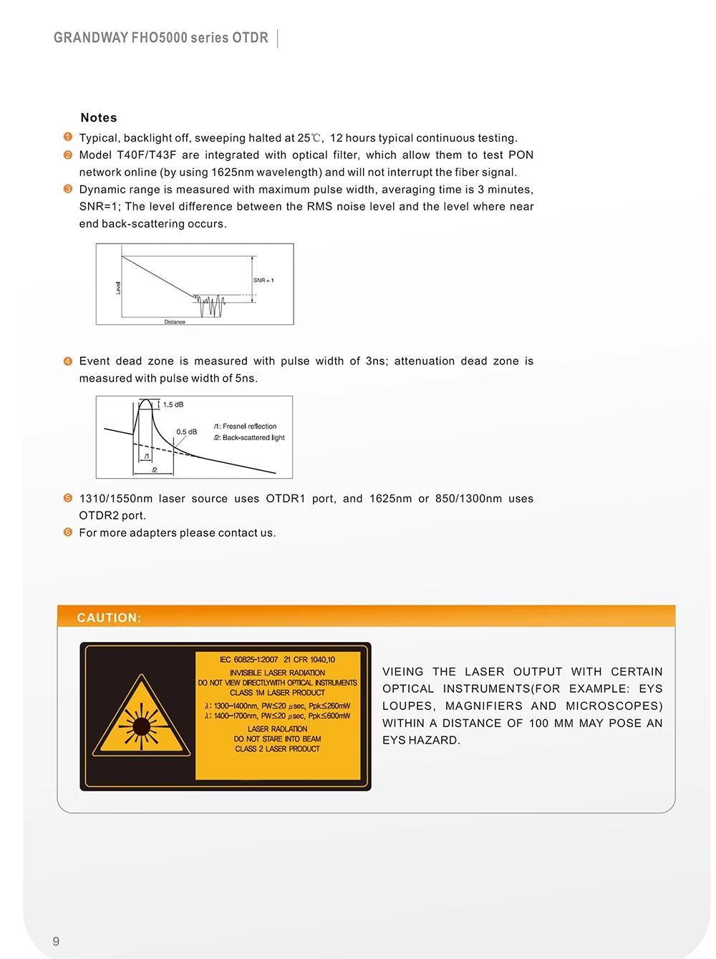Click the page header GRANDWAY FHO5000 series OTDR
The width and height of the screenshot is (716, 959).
160,38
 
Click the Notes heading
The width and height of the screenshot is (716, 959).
98,117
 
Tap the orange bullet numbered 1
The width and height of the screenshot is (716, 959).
68,137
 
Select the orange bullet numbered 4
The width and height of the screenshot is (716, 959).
68,361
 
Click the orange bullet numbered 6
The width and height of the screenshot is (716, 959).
68,532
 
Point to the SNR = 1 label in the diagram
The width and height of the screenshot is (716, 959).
263,280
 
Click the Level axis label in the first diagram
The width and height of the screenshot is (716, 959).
118,288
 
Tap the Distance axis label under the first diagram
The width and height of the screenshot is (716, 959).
175,322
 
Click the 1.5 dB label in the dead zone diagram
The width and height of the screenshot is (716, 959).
173,404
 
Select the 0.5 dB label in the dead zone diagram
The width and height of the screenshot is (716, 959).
187,432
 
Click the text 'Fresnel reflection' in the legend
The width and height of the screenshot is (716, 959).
250,426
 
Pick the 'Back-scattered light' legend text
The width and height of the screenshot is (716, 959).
253,437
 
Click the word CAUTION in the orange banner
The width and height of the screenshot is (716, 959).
109,618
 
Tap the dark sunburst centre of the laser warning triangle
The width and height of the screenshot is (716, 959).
141,726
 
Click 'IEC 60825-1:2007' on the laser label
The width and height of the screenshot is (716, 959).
248,660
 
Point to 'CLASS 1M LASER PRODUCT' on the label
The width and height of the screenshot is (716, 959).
278,693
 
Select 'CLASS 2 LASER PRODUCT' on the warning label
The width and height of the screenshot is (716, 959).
278,749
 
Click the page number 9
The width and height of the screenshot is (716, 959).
56,942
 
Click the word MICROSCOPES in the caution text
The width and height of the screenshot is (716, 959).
614,706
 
